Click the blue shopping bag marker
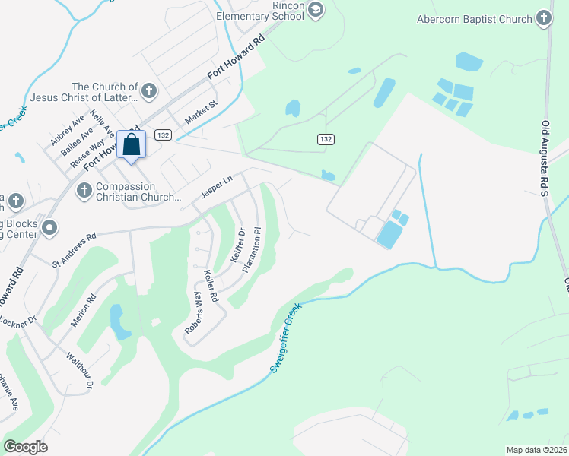[x=131, y=145]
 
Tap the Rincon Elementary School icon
[x=316, y=10]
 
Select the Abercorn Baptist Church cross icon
[x=543, y=17]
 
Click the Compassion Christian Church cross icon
[x=83, y=188]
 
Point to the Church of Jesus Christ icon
[x=148, y=92]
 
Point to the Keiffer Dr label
[x=238, y=245]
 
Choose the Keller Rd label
[x=211, y=287]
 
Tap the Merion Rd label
[x=81, y=311]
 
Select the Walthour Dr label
[x=79, y=370]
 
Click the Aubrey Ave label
[x=68, y=130]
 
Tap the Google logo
[x=25, y=447]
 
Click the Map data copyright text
[x=536, y=450]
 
